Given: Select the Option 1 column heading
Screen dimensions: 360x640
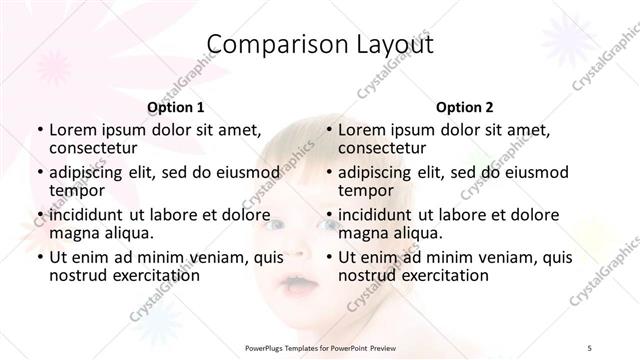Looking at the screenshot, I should click(176, 107).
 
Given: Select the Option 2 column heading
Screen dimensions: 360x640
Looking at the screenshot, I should click(464, 107).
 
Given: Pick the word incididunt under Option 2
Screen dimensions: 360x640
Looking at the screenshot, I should click(375, 215).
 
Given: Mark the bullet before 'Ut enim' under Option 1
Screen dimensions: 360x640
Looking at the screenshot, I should click(39, 258).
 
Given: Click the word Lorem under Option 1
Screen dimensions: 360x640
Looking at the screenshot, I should click(72, 130).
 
